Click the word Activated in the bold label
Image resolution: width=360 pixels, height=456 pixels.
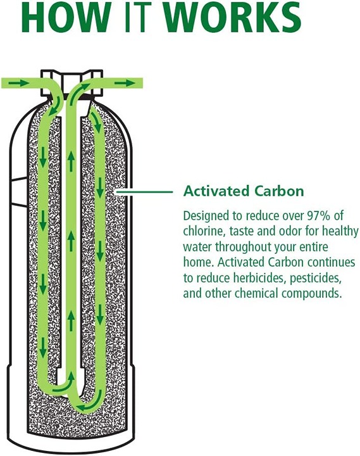216,191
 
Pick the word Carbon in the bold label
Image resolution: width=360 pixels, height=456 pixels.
279,191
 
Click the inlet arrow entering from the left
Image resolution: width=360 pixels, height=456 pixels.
18,84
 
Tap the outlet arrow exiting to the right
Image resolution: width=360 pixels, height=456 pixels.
125,84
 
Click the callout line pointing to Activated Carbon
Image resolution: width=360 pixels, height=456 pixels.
144,192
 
